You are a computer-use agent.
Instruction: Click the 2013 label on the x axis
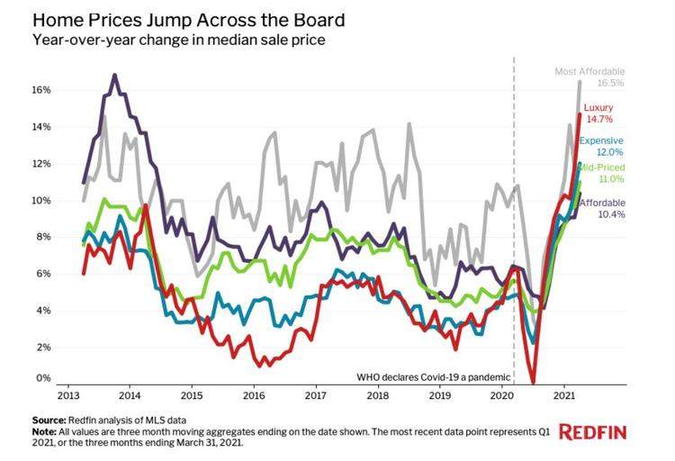67,395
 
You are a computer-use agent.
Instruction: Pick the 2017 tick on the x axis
316,395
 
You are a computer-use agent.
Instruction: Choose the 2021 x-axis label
563,395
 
